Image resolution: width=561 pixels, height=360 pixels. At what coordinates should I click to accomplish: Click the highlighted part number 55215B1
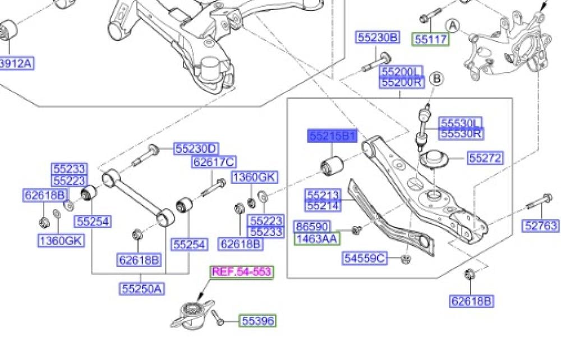(332, 136)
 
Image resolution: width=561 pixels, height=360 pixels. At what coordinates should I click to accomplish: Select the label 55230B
(378, 37)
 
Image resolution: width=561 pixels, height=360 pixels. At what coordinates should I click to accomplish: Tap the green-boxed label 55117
(431, 39)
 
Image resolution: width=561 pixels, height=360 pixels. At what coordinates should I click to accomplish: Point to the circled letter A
(453, 26)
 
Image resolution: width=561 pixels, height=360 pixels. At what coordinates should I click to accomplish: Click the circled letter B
(436, 79)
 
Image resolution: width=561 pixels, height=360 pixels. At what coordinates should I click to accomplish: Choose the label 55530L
(461, 123)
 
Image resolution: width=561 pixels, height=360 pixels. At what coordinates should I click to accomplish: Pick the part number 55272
(485, 158)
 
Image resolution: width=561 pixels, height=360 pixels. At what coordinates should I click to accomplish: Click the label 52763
(541, 225)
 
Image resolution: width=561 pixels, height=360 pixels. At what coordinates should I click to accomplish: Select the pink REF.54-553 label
(241, 272)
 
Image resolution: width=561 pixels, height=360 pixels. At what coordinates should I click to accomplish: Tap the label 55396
(257, 321)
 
